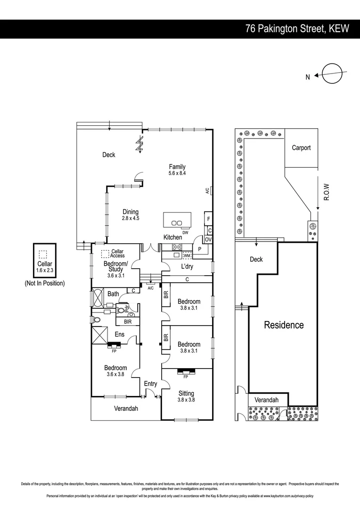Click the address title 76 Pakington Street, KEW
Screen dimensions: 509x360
(297, 28)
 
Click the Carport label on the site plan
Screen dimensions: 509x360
(301, 148)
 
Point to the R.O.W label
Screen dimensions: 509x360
(326, 192)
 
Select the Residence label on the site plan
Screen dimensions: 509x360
(284, 325)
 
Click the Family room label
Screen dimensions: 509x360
(177, 166)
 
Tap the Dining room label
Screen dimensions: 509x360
(131, 212)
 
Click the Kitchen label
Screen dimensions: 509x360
(172, 237)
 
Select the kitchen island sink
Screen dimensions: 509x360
(177, 222)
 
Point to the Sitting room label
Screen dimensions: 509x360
(186, 393)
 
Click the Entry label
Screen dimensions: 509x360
(150, 384)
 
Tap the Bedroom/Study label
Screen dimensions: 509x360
(115, 266)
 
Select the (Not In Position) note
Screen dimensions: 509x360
(45, 283)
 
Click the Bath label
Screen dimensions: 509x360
(113, 294)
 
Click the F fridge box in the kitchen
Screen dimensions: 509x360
(208, 219)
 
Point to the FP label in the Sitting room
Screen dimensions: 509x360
(187, 377)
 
